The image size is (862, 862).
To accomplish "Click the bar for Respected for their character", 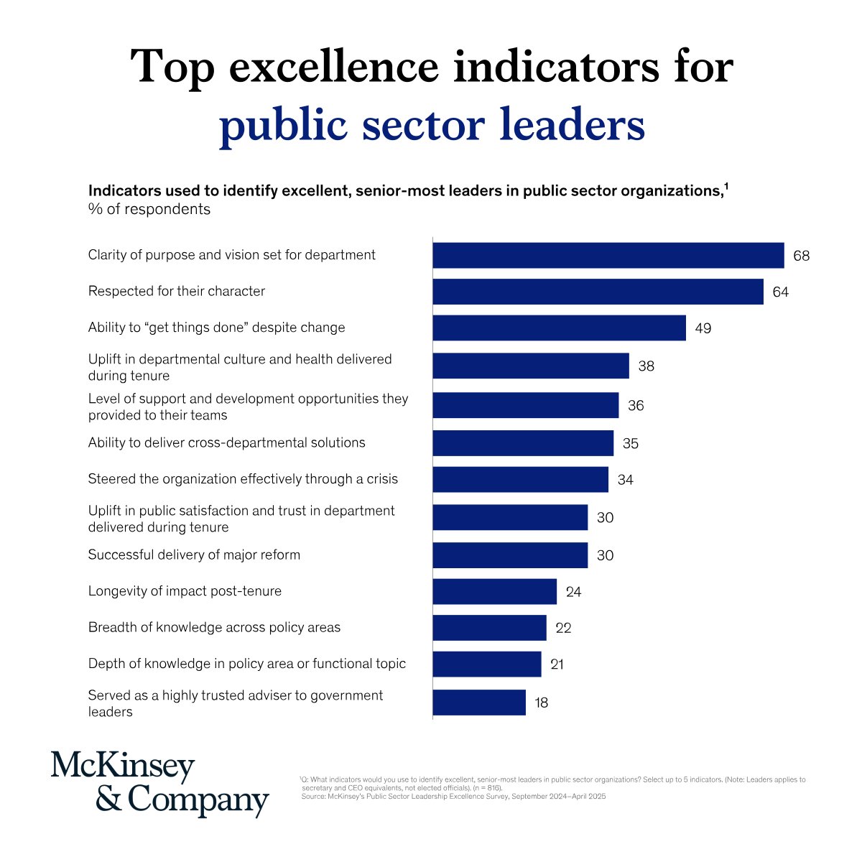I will click(598, 292).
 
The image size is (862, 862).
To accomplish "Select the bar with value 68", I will click(608, 255).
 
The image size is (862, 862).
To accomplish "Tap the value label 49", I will click(703, 328).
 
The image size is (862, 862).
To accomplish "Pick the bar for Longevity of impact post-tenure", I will click(494, 591).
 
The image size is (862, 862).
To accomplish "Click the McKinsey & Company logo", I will click(159, 784).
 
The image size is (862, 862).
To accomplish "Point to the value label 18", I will click(542, 703).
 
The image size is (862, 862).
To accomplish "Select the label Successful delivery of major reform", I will click(194, 555).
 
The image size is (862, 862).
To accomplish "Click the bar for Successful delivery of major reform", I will click(510, 555).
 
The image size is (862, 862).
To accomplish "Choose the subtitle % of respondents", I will click(149, 209).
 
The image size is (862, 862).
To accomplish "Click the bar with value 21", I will click(486, 664).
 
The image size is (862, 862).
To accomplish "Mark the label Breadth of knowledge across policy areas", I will click(214, 627).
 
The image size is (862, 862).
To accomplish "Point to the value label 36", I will click(636, 406).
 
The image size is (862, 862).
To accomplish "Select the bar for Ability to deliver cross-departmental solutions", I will click(523, 443).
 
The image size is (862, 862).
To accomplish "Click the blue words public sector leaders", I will click(432, 125).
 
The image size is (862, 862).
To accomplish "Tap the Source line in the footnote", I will click(453, 796).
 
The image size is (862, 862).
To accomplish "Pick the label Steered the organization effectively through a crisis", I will click(243, 479).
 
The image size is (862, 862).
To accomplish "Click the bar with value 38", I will click(530, 366).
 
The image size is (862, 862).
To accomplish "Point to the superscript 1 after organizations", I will click(726, 187).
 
